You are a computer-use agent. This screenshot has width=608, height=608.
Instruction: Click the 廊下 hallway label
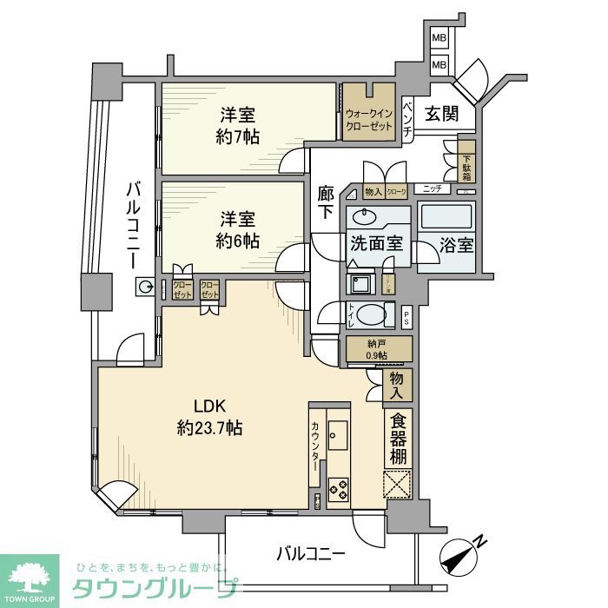coord(326,203)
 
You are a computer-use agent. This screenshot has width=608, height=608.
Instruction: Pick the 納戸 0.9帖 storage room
coord(377,347)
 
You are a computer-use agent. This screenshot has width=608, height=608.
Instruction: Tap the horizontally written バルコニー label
coord(312,552)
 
